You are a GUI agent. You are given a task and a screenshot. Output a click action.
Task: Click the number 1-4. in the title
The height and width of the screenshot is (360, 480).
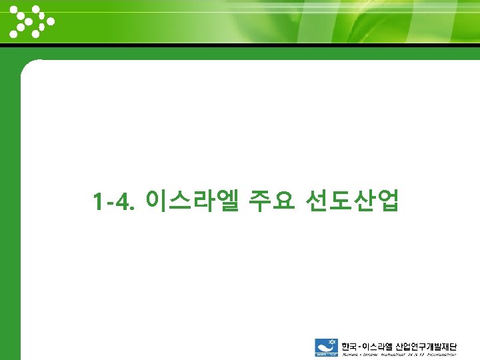[114, 200]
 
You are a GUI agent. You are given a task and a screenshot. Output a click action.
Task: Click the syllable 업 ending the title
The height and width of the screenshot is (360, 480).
[388, 199]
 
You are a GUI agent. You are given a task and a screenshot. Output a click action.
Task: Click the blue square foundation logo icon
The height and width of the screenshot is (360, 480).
[326, 348]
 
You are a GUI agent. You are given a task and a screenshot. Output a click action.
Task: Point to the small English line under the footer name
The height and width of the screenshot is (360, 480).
[399, 355]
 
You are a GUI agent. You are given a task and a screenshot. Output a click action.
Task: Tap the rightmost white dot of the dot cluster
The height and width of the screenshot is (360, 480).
[51, 21]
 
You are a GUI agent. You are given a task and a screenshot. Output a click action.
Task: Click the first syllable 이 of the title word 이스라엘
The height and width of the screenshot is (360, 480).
[154, 199]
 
